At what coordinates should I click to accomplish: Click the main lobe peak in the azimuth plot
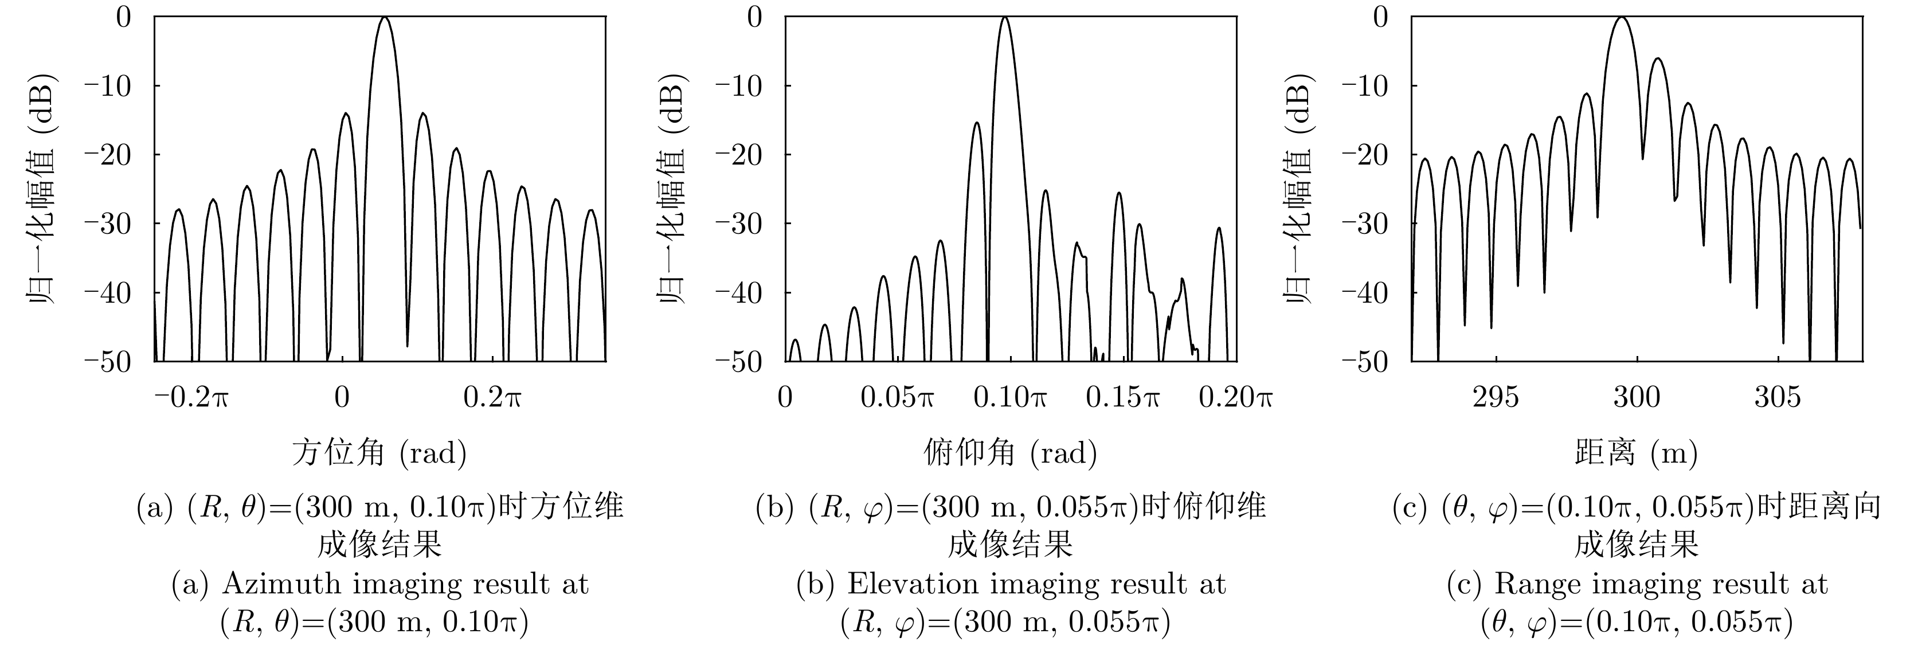coord(384,18)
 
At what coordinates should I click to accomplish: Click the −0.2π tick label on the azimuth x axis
coord(191,397)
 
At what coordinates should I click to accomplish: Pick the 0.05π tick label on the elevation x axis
coord(897,397)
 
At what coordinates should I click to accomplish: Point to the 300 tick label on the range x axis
coord(1637,397)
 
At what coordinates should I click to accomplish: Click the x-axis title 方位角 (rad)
coord(379,452)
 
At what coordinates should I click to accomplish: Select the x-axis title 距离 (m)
coord(1636,452)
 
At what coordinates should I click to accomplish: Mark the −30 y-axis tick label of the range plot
coord(1367,224)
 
